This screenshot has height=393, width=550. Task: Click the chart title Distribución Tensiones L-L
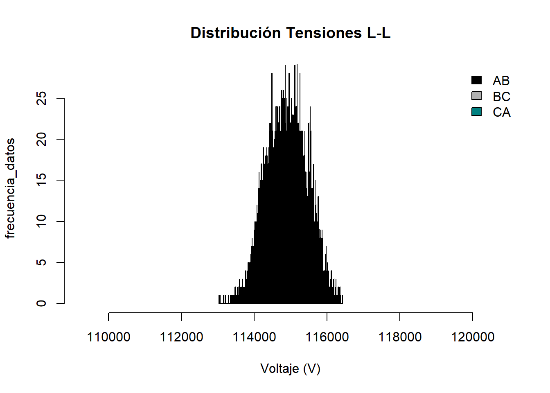coord(291,33)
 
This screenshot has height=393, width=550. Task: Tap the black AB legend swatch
coord(476,80)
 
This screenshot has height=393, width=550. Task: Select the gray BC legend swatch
coord(476,96)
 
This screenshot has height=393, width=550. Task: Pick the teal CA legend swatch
coord(476,112)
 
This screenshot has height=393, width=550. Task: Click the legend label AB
coord(501,81)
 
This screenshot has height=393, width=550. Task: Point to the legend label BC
coord(501,97)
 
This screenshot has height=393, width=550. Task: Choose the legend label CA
coord(501,112)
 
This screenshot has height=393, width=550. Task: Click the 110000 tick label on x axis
coord(108,337)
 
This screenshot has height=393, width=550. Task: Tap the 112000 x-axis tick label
coord(181,337)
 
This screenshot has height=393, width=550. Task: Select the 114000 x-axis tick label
coord(254,337)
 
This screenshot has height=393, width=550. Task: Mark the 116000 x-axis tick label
coord(327,337)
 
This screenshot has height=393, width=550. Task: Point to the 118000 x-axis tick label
coord(400,337)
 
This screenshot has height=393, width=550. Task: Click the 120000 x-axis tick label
coord(473,337)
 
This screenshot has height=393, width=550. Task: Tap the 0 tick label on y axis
coord(41,303)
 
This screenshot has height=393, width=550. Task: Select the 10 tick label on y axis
coord(41,221)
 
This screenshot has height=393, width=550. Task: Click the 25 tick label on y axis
coord(41,98)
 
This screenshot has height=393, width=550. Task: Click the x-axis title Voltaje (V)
coord(291,369)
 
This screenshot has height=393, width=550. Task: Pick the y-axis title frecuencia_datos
coord(10,188)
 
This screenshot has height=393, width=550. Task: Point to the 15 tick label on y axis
coord(41,180)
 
